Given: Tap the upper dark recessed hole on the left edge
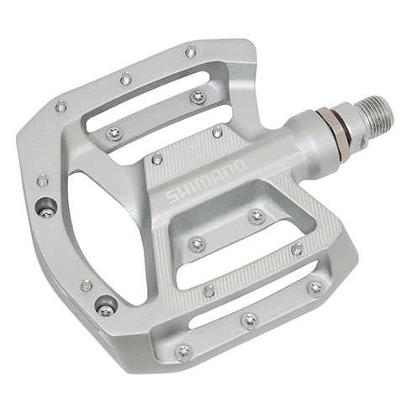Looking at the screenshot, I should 48,206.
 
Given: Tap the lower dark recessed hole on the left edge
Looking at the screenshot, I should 104,304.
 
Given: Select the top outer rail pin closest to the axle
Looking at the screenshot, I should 190,52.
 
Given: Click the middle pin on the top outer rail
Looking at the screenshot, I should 124,78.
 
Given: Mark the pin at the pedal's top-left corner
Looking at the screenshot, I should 60,106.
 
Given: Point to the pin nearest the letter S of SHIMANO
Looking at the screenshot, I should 156,158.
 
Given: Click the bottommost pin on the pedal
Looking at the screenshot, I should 248,320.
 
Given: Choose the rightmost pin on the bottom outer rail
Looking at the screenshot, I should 314,288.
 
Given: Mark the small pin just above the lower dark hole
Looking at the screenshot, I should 86,285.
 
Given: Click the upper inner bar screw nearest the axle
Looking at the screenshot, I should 198,96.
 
